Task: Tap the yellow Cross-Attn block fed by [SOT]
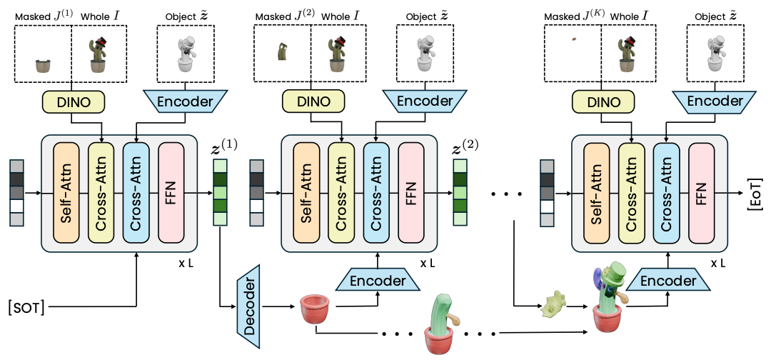[x=101, y=191]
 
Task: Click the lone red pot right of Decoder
[x=315, y=309]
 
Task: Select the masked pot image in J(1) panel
[x=44, y=66]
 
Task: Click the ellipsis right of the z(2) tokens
[x=508, y=193]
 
